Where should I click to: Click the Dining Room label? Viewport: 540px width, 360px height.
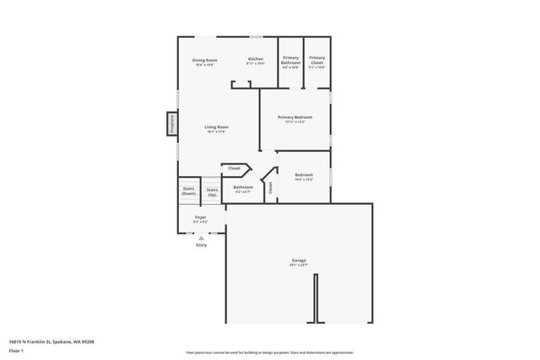tap(205, 60)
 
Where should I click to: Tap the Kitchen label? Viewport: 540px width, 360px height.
tap(256, 59)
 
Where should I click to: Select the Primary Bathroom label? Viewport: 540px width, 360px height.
tap(290, 60)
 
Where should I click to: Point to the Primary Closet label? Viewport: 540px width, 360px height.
tap(316, 60)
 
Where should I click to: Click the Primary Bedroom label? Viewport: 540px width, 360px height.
tap(295, 117)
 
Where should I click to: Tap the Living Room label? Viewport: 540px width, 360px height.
tap(217, 127)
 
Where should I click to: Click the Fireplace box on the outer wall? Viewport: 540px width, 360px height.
tap(171, 123)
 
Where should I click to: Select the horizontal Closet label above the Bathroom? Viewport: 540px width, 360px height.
tap(235, 168)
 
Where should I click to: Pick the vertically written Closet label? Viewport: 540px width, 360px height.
tap(271, 188)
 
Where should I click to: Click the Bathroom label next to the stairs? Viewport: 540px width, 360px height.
tap(243, 187)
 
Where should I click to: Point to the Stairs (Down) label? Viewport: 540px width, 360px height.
tap(188, 192)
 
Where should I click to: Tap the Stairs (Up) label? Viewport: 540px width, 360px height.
tap(212, 192)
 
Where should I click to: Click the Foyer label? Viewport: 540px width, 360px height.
tap(201, 218)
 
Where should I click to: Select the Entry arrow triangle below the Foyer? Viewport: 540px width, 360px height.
tap(201, 239)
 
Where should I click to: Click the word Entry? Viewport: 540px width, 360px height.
tap(201, 245)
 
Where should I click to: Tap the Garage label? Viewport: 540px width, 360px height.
tap(300, 261)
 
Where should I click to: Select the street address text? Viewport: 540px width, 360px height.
tap(51, 342)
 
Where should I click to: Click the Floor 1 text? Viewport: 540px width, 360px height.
tap(16, 350)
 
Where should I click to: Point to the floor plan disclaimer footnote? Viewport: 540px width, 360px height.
tap(269, 352)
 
